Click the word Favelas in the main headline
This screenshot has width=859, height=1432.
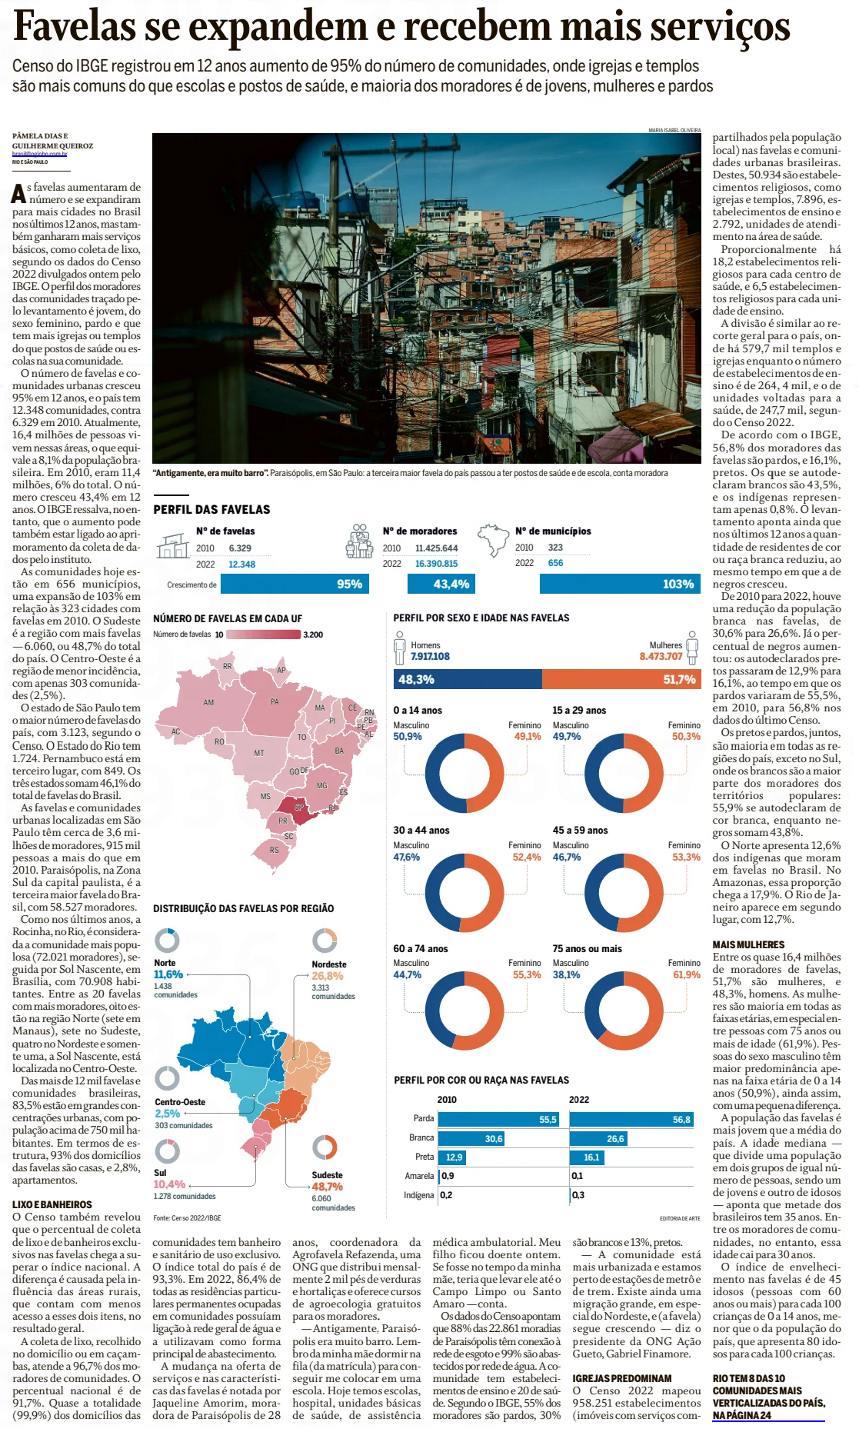(75, 27)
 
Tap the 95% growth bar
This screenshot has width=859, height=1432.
(295, 584)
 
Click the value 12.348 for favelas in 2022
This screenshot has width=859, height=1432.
(241, 564)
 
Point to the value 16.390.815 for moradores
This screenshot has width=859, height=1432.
(436, 564)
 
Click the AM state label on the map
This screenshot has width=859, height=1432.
(208, 702)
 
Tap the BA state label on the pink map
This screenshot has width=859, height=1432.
(339, 751)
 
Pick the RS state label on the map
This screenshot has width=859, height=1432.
(275, 850)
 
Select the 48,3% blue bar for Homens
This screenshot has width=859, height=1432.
(468, 679)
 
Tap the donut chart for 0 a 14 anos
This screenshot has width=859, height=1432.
(464, 774)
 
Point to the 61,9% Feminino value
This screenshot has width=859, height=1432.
(686, 975)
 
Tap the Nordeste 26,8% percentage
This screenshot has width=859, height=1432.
(328, 976)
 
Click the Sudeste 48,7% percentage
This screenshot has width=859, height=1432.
(328, 1187)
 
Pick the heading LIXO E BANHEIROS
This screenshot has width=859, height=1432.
(52, 1204)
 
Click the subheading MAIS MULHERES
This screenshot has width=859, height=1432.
(748, 944)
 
